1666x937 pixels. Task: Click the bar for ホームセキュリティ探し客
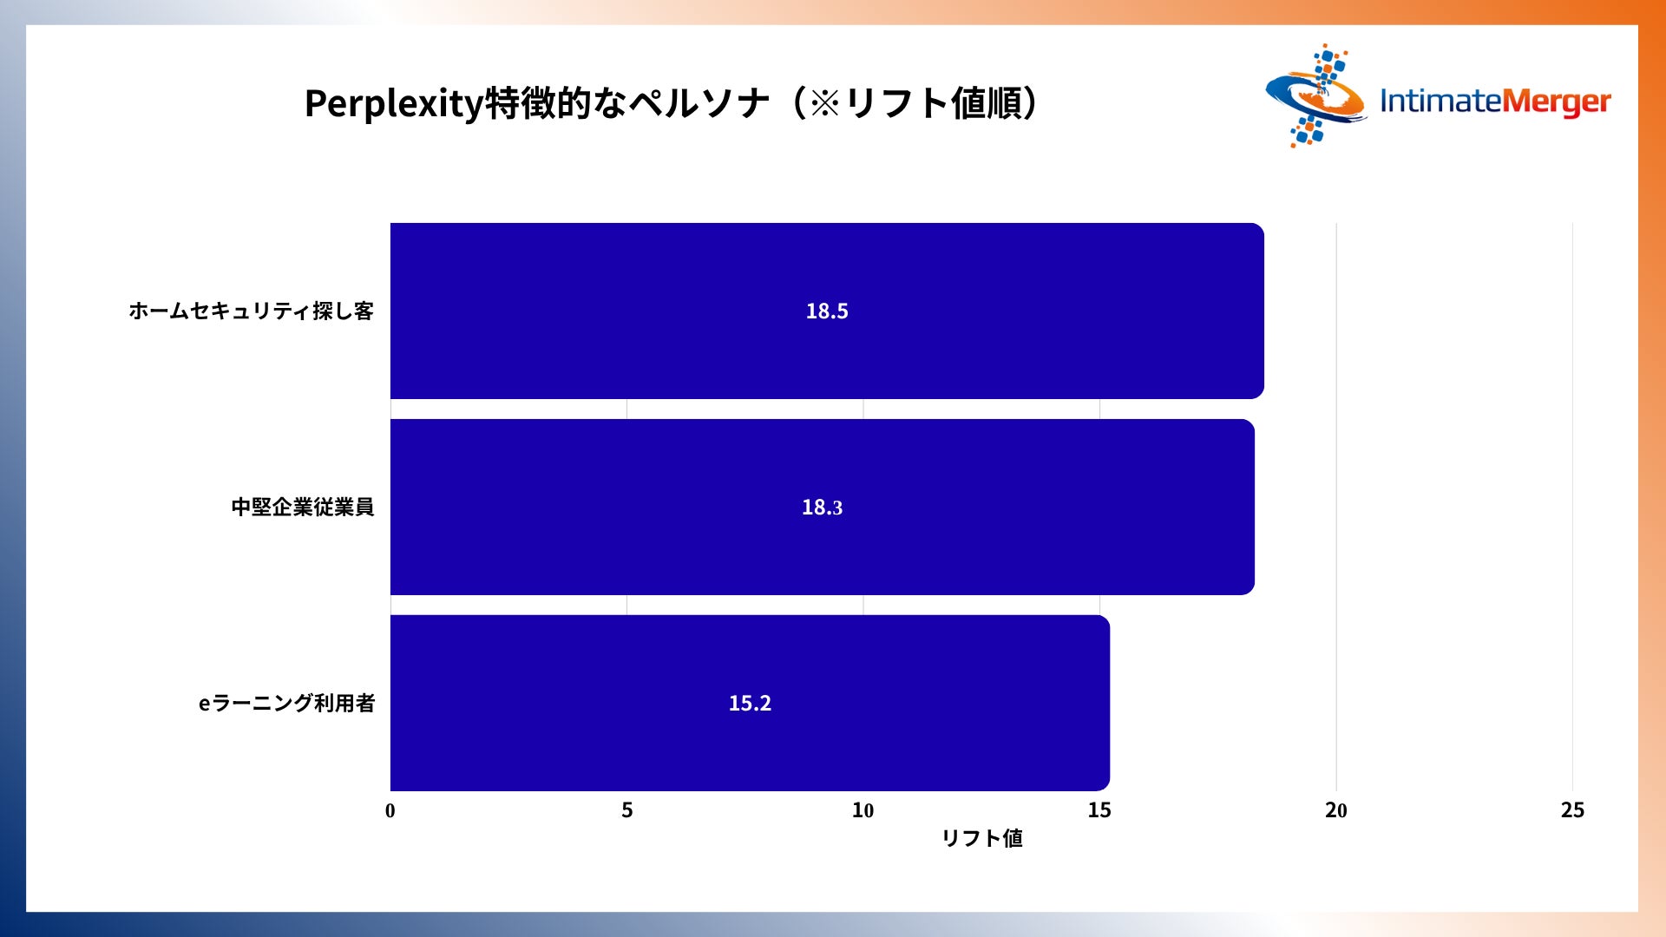tap(827, 311)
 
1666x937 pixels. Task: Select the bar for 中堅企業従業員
tap(823, 507)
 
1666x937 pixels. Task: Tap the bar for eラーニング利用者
tap(750, 703)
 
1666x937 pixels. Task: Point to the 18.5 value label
tap(827, 311)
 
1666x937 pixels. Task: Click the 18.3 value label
tap(823, 508)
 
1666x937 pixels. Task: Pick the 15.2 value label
tap(750, 703)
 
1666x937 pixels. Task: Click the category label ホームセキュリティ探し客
tap(252, 311)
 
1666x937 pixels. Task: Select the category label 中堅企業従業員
tap(303, 507)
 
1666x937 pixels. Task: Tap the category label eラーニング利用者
tap(287, 703)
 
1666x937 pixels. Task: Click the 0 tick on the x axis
tap(390, 810)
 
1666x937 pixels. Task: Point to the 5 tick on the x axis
tap(627, 810)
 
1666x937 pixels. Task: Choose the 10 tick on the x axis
tap(863, 810)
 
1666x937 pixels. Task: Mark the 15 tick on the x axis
tap(1099, 810)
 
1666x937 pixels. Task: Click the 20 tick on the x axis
tap(1336, 810)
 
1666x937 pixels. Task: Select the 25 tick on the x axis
tap(1572, 810)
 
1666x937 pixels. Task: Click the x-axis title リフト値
tap(982, 838)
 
